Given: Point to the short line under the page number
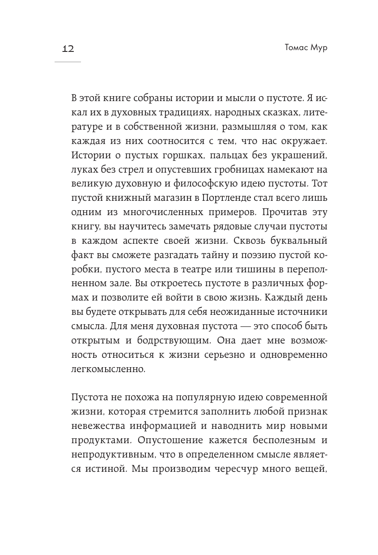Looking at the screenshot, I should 68,61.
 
